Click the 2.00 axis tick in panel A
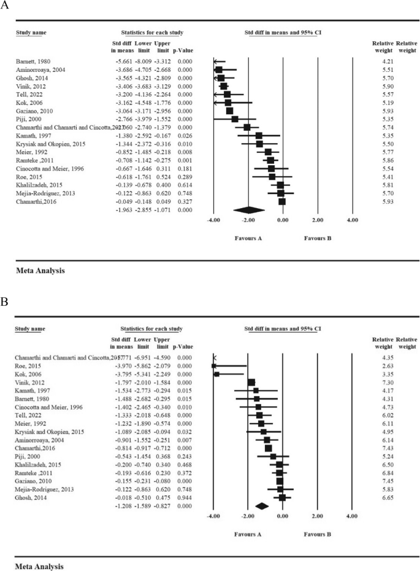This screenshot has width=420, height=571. point(317,219)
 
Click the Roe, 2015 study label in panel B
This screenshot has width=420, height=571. point(26,366)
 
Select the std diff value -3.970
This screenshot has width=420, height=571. point(121,366)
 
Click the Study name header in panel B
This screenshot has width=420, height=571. point(30,329)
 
